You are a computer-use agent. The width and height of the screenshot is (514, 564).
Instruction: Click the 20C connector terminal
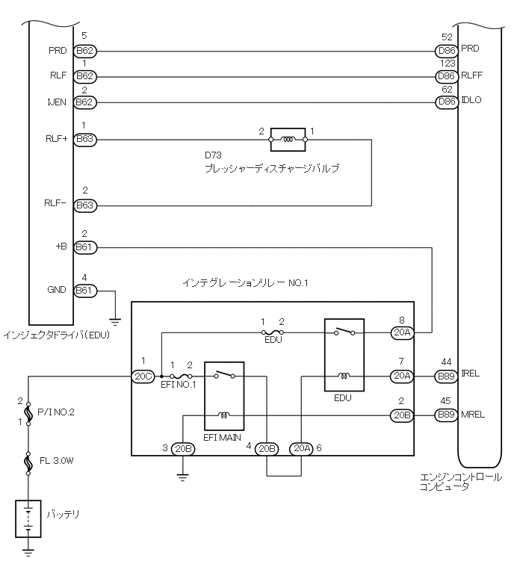142,377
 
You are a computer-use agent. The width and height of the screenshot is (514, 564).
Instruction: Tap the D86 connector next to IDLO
446,102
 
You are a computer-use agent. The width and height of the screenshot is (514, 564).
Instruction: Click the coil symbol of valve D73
288,139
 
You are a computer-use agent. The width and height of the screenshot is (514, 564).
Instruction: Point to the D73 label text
214,155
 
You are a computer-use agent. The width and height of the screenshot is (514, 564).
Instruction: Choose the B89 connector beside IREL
446,376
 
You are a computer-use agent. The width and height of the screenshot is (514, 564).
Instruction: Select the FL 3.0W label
58,461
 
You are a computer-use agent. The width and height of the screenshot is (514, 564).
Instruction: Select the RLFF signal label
472,75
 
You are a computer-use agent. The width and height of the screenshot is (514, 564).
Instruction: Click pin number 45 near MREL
446,402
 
